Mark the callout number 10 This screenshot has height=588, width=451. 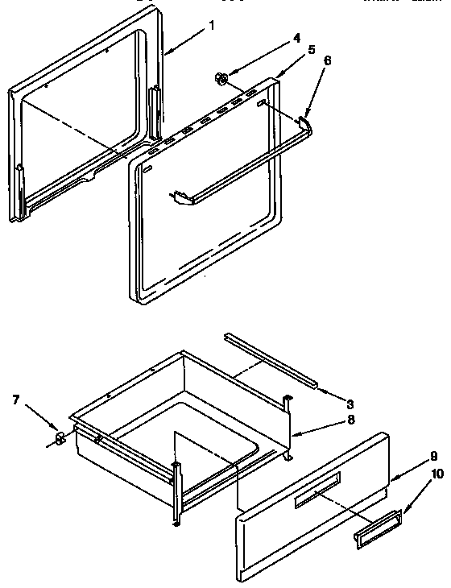[437, 474]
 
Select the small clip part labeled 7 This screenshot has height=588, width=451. [59, 439]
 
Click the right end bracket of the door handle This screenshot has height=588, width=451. [305, 122]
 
